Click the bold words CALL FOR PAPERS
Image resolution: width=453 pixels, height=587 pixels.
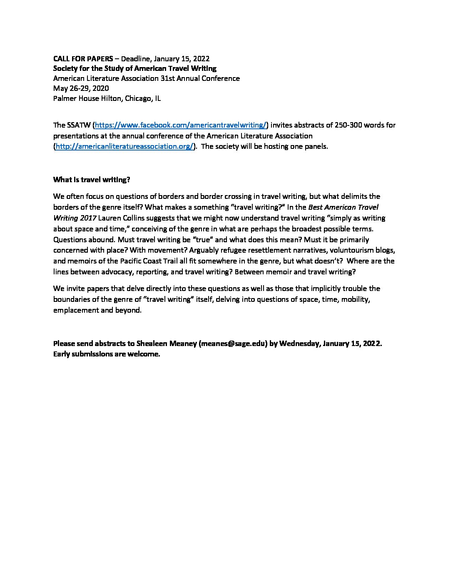[x=83, y=58]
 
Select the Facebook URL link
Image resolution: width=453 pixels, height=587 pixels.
[x=181, y=125]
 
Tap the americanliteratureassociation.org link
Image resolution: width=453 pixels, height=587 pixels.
[x=124, y=147]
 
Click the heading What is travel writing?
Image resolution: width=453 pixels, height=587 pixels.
[x=92, y=180]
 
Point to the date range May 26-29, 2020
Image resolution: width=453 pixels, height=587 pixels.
[x=81, y=88]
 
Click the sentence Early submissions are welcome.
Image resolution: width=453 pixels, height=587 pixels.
[x=107, y=354]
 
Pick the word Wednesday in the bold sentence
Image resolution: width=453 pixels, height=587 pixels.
[x=299, y=344]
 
